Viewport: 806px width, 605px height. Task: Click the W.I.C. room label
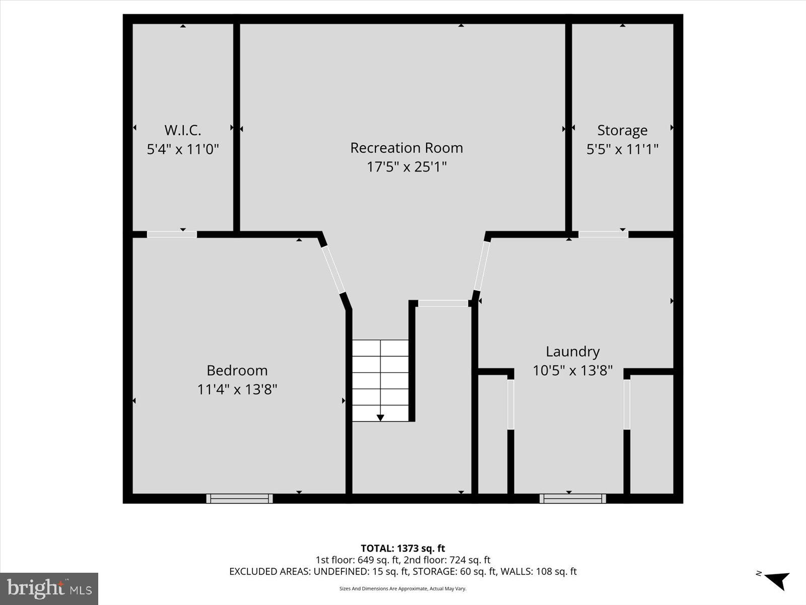tap(182, 130)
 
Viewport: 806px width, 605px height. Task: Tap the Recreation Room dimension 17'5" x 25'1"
tap(407, 166)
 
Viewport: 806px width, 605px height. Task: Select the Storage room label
tap(622, 130)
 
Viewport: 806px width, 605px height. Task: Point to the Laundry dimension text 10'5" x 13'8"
tap(573, 371)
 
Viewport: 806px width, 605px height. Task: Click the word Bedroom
tap(237, 371)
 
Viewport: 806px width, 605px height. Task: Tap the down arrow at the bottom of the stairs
tap(380, 417)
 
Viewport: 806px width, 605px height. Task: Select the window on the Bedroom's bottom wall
tap(239, 499)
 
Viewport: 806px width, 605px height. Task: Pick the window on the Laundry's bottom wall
tap(573, 499)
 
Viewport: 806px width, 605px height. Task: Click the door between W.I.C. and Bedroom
tap(171, 234)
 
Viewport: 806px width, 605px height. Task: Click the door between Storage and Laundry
tap(603, 234)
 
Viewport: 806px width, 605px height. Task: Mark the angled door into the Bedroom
tap(333, 269)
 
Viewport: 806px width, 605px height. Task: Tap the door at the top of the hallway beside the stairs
tap(443, 303)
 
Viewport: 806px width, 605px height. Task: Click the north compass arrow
tap(777, 580)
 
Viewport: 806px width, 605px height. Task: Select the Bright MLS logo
tap(49, 588)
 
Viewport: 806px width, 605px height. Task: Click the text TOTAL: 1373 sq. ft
tap(402, 548)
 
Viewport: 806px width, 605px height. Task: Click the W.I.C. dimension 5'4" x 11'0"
tap(182, 149)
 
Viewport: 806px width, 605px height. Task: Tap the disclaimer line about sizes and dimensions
tap(402, 588)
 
